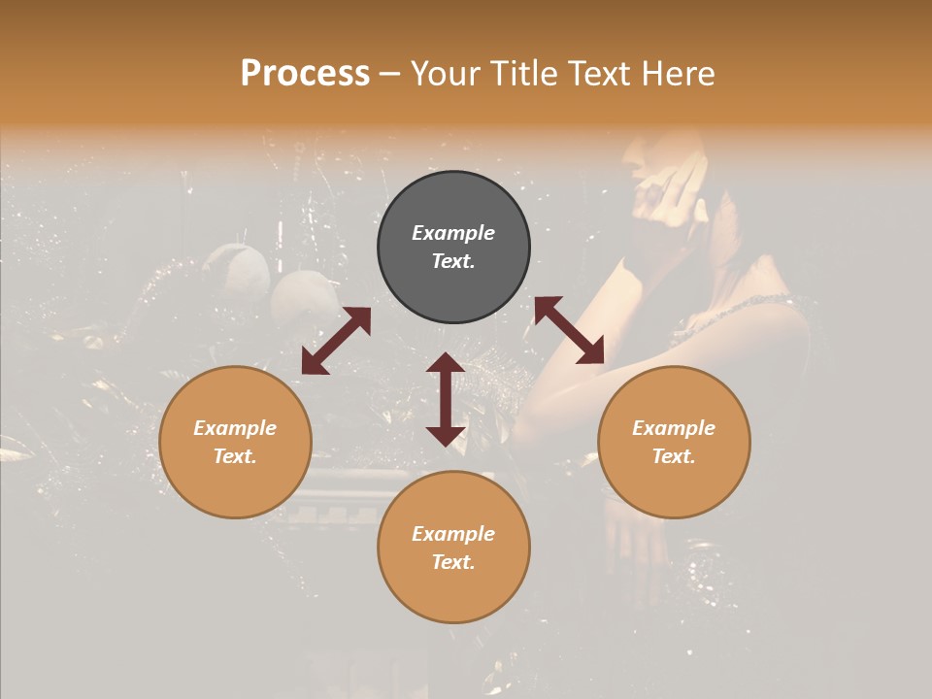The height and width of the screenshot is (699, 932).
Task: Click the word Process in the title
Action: point(305,74)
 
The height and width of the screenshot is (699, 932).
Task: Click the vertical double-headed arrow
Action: point(446,399)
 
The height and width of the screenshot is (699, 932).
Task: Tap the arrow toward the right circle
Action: point(569,330)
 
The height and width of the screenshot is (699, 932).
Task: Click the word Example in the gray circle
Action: point(453,233)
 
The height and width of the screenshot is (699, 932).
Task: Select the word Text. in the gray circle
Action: point(453,261)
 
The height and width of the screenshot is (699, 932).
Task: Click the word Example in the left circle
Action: point(235,428)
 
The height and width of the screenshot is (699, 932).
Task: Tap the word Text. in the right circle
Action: point(674,456)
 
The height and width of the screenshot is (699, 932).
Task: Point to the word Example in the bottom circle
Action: point(453,534)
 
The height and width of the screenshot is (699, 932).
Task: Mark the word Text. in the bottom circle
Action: point(453,562)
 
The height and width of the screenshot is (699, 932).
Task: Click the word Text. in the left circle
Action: point(235,456)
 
